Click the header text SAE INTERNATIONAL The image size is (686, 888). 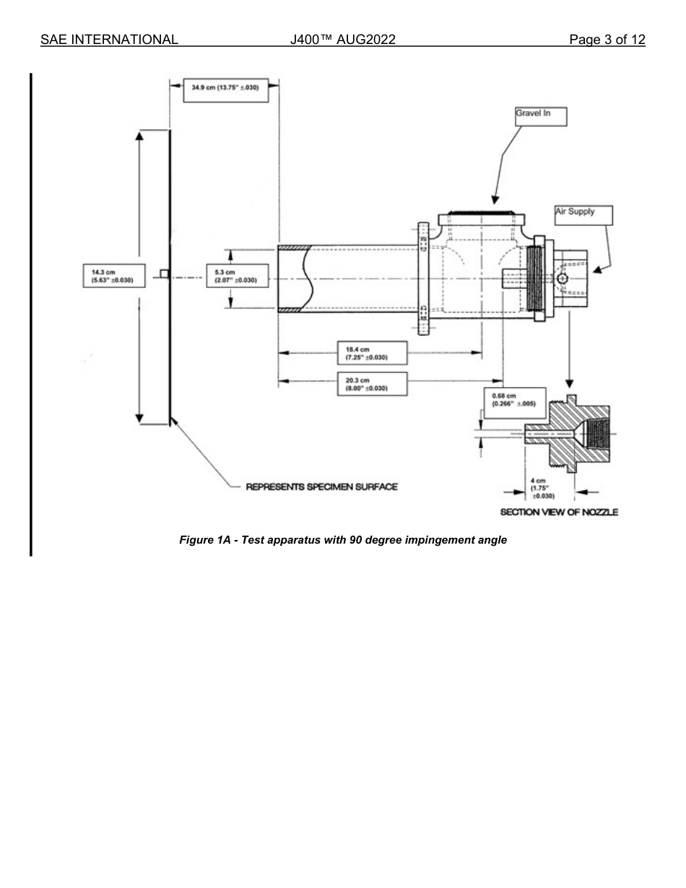109,40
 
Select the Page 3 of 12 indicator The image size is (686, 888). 607,40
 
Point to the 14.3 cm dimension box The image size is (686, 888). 114,276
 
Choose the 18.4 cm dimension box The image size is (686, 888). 372,353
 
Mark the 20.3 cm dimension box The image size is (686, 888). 372,383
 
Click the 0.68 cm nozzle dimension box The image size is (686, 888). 513,400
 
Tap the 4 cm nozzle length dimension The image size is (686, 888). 543,488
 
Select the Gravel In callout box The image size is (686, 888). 539,116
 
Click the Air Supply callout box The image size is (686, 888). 583,214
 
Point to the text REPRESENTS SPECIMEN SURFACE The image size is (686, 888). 321,487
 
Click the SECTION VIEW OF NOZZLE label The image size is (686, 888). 559,512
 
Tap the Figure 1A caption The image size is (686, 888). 343,540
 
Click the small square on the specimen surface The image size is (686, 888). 164,274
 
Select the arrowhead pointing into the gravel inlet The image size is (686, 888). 495,199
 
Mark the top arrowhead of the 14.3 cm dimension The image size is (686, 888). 139,135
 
